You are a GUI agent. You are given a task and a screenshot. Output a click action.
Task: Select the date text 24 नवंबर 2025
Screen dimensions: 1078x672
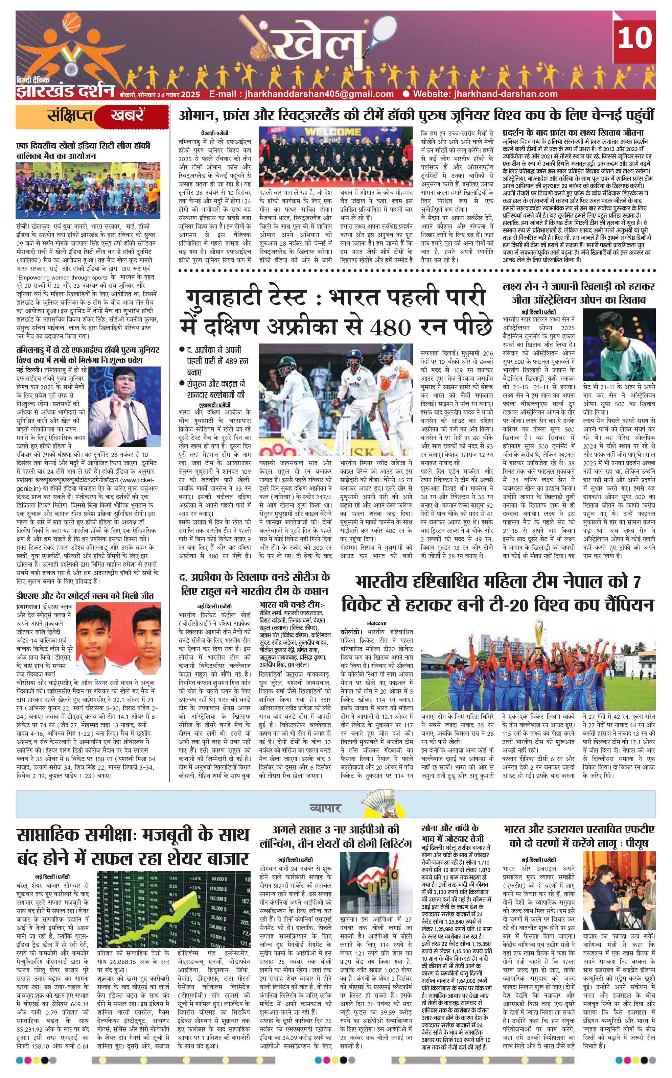click(x=178, y=95)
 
